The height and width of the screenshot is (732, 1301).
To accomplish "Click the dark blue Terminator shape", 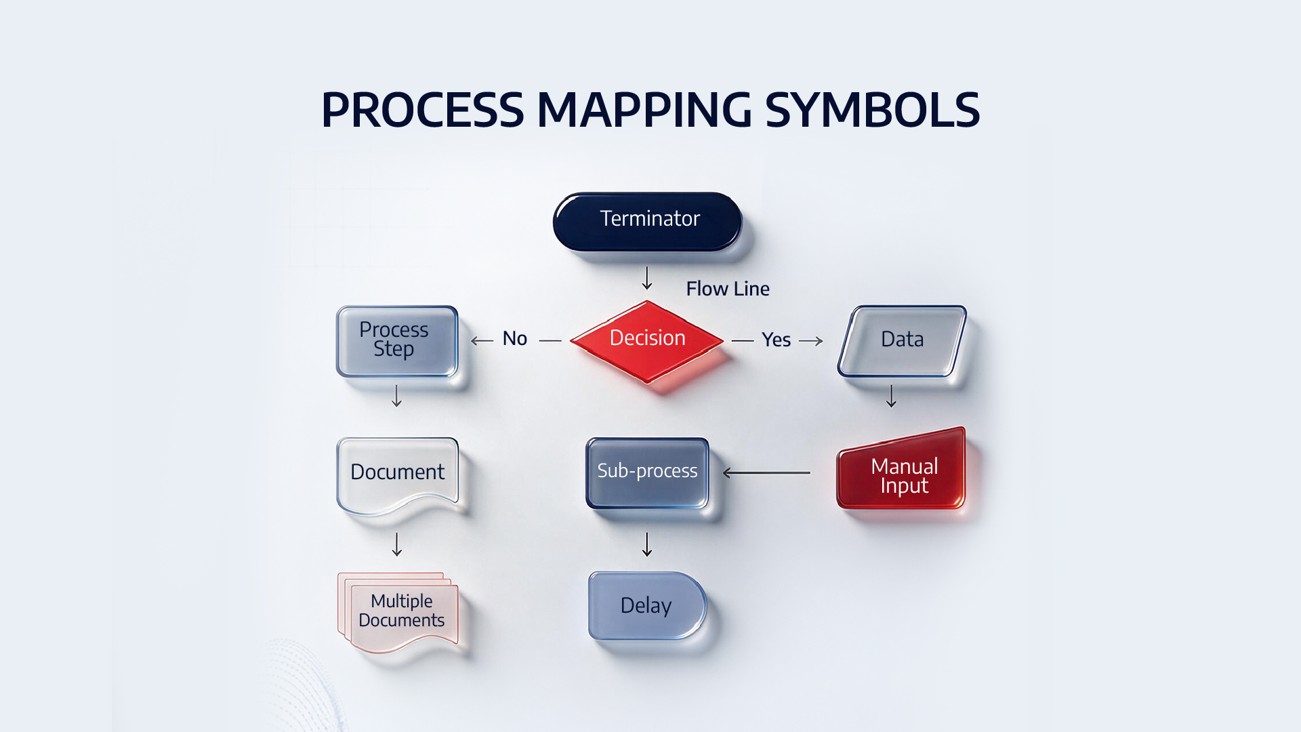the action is point(648,221).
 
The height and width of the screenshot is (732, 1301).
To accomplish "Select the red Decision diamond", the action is point(648,341).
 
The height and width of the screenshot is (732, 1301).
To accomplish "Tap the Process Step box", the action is point(397,341).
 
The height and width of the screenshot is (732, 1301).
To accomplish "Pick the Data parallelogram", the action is point(902,341).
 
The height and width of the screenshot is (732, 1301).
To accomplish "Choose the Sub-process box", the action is point(647,472).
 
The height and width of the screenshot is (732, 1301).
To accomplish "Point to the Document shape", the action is point(398,474).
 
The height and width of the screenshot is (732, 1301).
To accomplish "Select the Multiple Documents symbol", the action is point(398,612).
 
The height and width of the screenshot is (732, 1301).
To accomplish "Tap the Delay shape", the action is point(647,605).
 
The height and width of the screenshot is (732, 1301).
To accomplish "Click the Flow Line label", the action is point(728,289).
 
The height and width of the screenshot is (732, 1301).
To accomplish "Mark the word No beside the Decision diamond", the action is point(515,338).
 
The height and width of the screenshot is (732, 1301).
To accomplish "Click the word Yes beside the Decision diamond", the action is point(776,340).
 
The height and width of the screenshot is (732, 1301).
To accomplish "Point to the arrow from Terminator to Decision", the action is point(647,278).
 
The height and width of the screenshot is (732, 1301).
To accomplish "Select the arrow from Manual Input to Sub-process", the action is point(766,472).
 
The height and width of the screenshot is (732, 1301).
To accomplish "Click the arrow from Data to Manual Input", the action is point(891,396).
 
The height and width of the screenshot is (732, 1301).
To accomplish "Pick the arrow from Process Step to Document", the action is point(397,396).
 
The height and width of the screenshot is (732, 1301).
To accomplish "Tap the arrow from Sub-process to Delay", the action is point(647,544).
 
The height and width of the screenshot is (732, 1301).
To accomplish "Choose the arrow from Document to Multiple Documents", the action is point(397,544).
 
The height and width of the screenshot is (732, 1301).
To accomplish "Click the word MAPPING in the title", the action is point(644,110).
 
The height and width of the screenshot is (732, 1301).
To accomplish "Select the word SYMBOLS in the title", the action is point(873,110).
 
